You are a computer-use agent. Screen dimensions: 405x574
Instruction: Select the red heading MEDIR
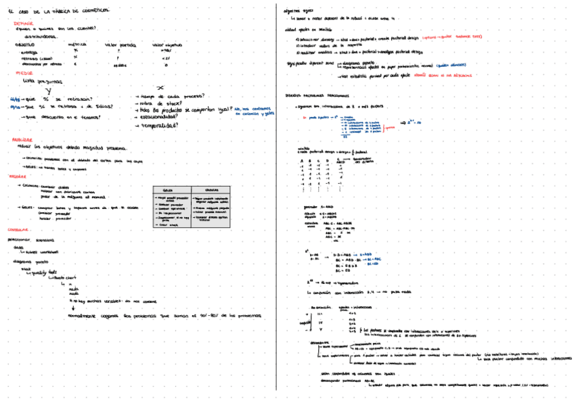[24, 72]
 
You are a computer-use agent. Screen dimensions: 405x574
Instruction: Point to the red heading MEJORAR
[18, 176]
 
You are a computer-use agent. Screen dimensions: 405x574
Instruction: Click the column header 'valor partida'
[120, 44]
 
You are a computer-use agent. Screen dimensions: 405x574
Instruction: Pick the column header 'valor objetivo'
[167, 44]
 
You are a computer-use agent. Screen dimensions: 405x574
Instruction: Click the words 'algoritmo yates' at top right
[299, 11]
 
